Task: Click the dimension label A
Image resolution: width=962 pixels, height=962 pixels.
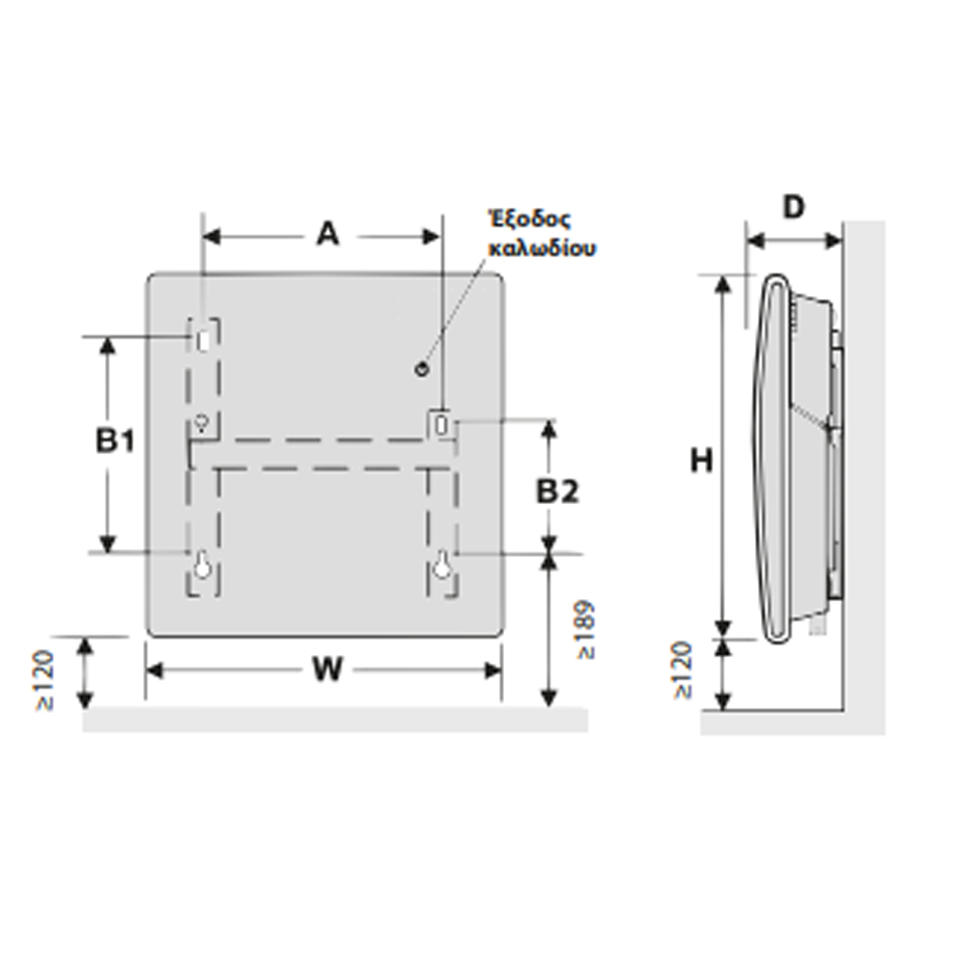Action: (328, 234)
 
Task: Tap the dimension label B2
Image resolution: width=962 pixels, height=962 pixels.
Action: (557, 491)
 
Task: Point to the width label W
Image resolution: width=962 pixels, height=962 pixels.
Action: (327, 669)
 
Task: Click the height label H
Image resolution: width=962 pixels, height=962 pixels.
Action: (701, 460)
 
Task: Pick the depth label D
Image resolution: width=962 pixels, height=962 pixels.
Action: (794, 208)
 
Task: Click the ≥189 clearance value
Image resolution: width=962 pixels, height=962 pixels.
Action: (586, 629)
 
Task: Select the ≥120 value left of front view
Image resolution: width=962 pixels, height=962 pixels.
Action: (45, 680)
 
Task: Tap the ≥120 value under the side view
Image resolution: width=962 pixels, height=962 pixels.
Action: (682, 670)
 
